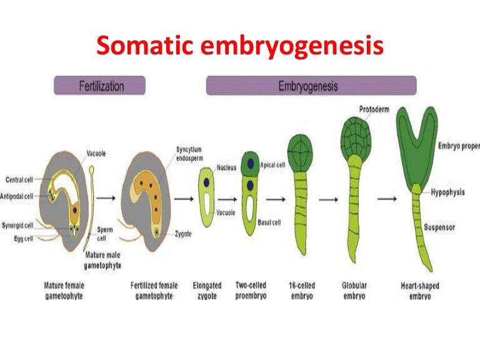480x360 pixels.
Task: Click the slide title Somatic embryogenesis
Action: [239, 46]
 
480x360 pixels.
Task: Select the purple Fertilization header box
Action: [99, 85]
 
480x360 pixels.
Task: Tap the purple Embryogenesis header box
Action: [311, 85]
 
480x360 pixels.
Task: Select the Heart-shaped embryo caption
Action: [419, 291]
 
